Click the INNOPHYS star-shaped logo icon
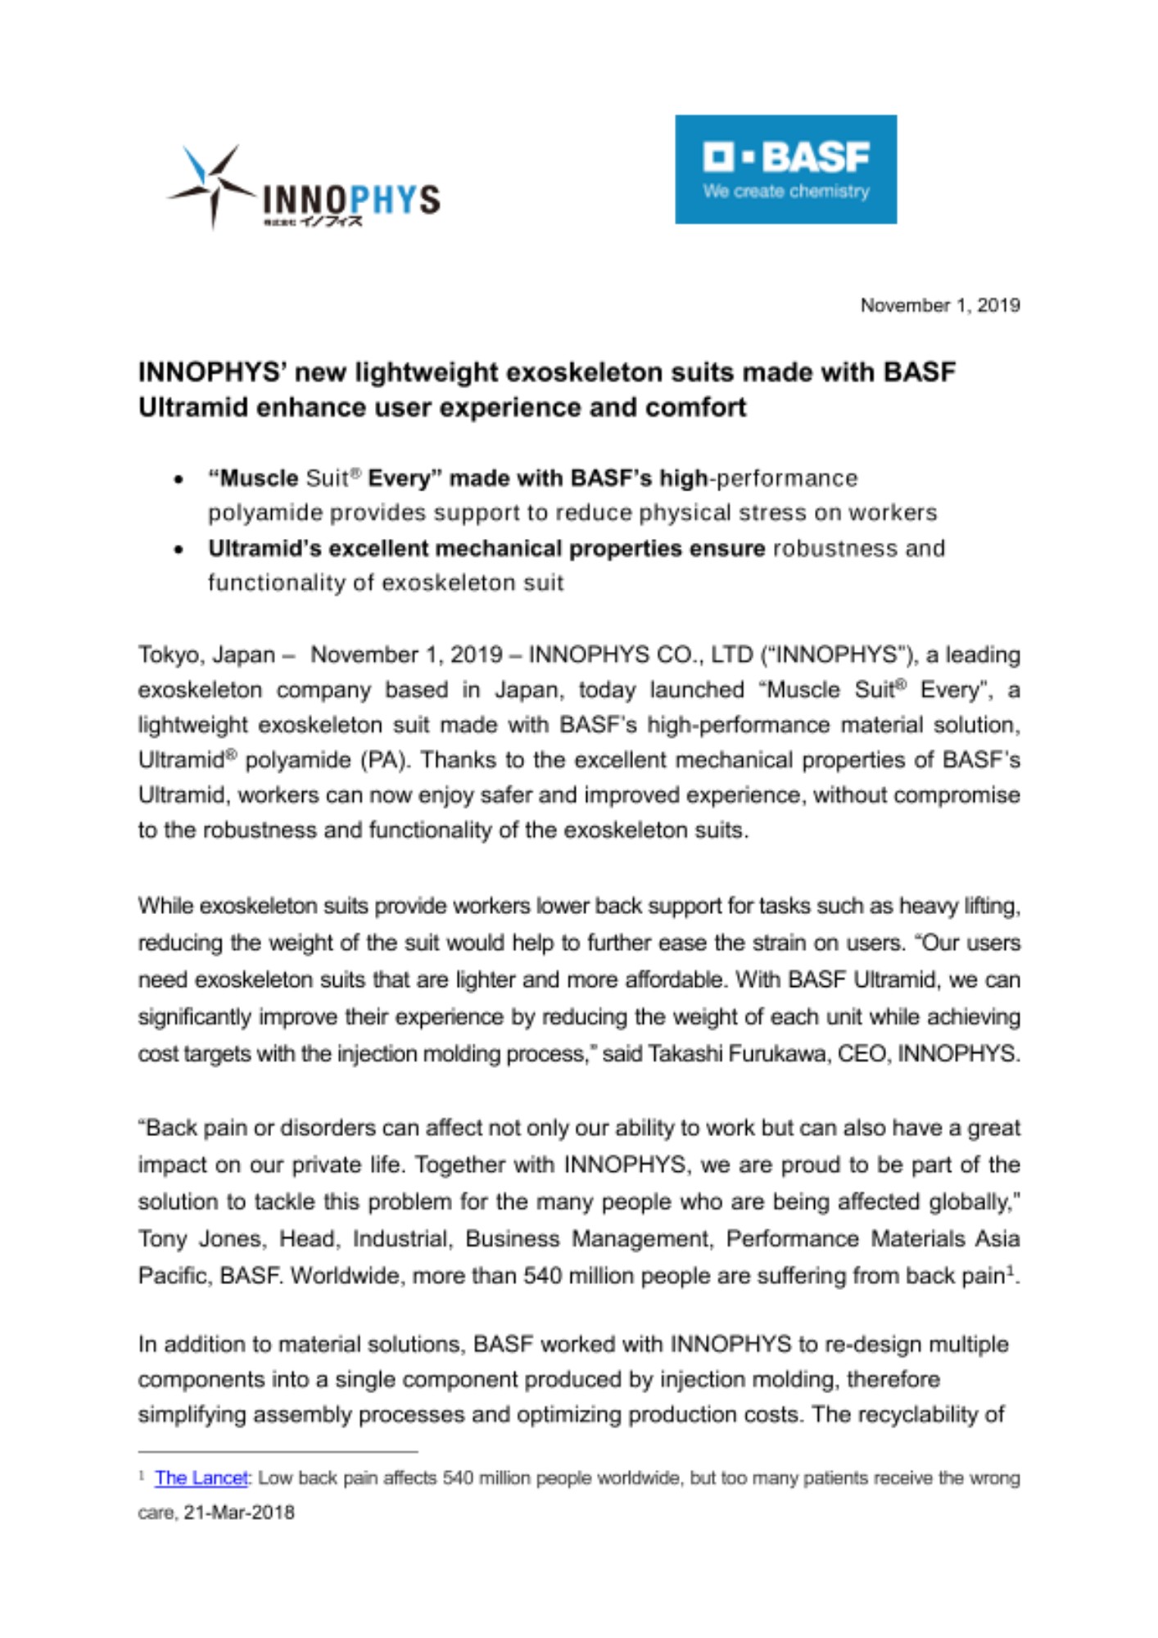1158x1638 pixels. point(211,187)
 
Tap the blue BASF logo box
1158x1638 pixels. point(785,169)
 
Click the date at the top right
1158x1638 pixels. point(939,305)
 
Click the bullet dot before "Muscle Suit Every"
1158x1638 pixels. point(179,480)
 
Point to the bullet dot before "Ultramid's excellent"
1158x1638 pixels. point(179,550)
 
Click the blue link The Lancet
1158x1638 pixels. point(201,1478)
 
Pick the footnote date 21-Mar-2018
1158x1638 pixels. point(239,1513)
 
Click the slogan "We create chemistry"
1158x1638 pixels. point(785,192)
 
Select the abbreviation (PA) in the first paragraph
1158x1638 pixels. point(384,760)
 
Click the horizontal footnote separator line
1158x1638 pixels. point(278,1452)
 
